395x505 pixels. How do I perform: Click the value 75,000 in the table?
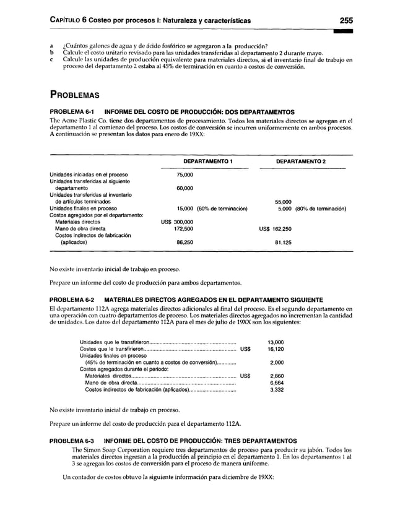(184, 175)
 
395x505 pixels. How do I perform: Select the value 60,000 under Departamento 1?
(184, 188)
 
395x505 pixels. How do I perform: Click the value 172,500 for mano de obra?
(184, 228)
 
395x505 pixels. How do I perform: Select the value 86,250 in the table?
(184, 242)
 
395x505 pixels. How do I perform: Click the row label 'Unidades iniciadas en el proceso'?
(89, 175)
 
